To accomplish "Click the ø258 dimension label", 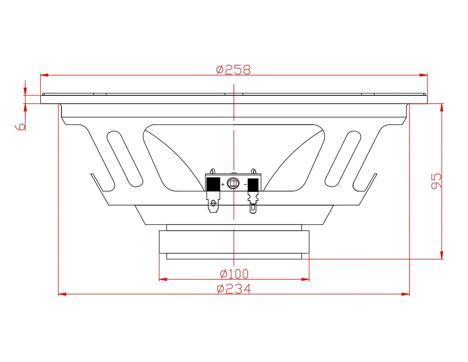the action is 234,70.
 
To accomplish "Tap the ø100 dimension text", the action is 234,273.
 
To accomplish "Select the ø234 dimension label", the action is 234,289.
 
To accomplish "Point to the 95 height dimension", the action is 436,181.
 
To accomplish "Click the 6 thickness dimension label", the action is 20,127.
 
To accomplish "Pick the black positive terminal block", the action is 213,184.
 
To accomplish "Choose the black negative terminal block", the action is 253,185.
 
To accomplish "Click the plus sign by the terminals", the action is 223,185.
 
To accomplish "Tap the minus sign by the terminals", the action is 245,185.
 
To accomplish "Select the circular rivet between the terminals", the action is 233,183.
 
